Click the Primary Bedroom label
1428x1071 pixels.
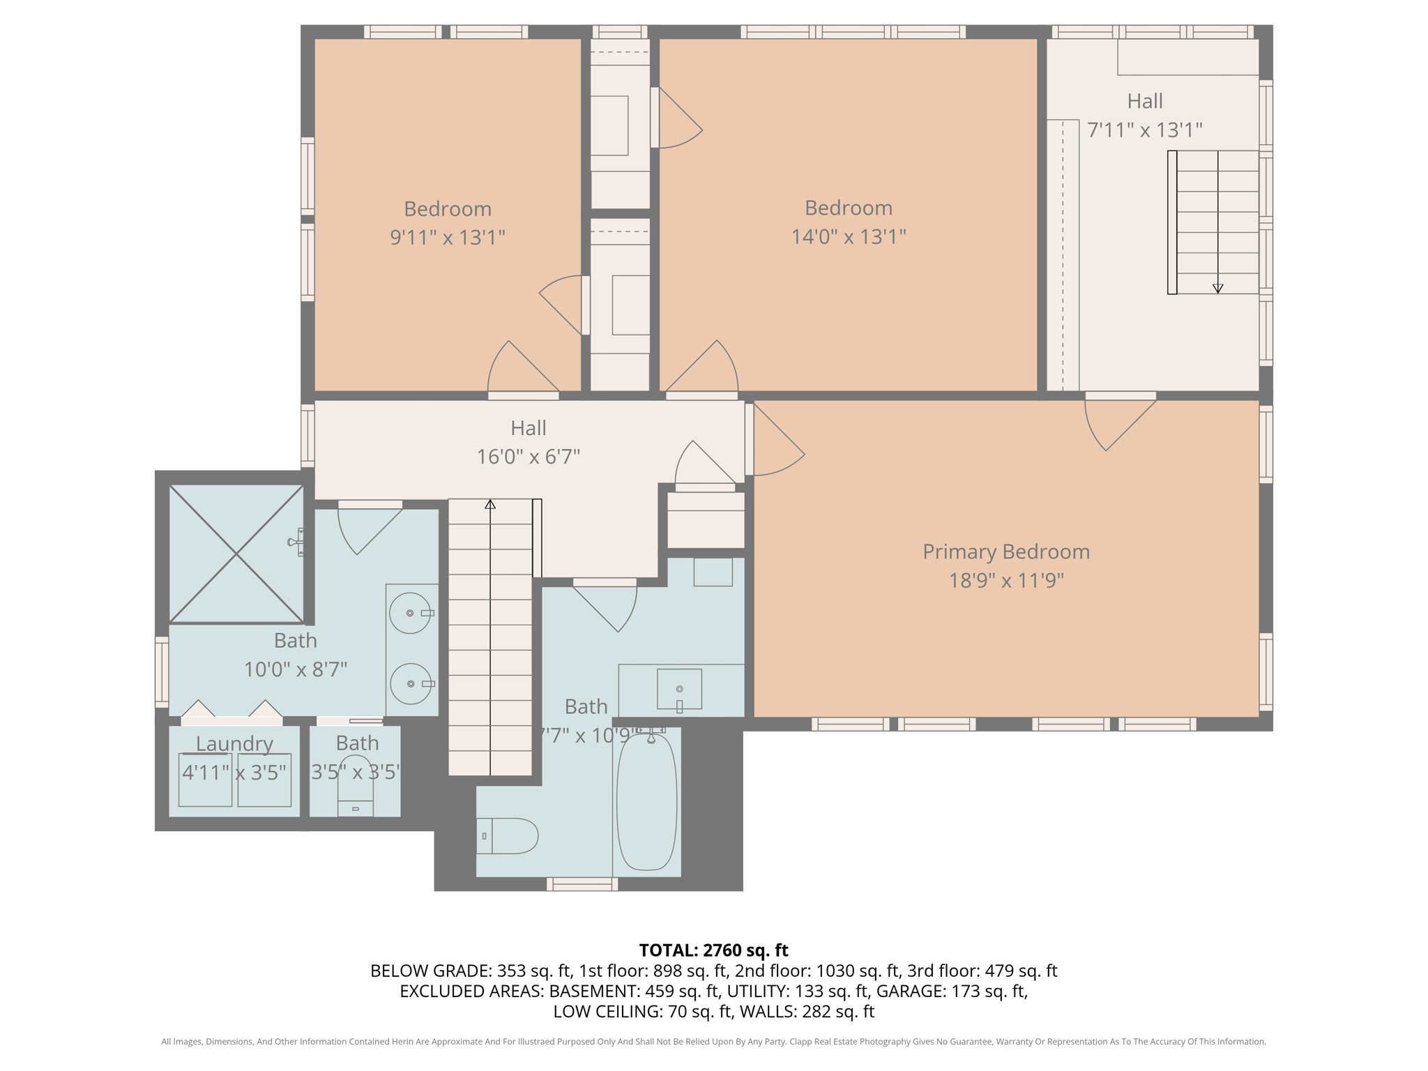[x=1005, y=552]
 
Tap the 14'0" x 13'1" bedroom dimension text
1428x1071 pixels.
[x=848, y=237]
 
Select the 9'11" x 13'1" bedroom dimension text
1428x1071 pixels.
[x=447, y=238]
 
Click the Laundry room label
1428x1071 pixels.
[x=234, y=743]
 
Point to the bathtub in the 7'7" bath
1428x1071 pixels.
[x=646, y=802]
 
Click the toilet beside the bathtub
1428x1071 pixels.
[x=508, y=836]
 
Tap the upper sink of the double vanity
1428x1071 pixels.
[x=410, y=613]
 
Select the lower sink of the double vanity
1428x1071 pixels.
[x=411, y=684]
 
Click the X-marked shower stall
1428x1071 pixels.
[x=236, y=554]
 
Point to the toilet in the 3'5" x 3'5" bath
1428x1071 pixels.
[x=355, y=795]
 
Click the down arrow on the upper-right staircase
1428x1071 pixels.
[x=1217, y=288]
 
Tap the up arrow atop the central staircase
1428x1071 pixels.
[x=490, y=504]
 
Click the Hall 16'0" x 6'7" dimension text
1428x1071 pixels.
[x=528, y=457]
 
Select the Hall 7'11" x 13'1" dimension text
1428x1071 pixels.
[x=1144, y=130]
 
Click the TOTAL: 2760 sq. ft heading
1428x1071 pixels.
[x=713, y=950]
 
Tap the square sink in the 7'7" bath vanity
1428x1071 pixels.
[x=679, y=689]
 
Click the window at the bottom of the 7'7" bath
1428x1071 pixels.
[x=582, y=884]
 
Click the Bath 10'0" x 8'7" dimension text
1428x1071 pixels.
[x=295, y=669]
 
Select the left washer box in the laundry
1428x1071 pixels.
[x=205, y=780]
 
